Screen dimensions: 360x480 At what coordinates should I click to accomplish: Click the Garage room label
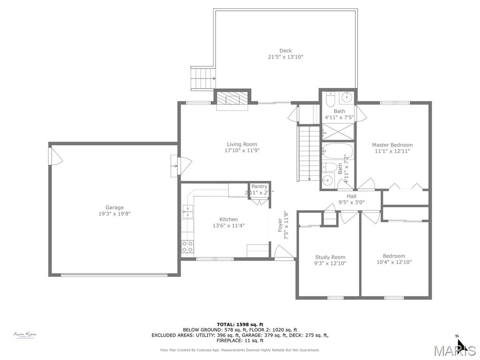[x=114, y=208]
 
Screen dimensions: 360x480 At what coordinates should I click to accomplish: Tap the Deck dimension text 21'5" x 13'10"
[x=285, y=57]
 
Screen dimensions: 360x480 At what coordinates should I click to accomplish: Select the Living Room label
[x=242, y=144]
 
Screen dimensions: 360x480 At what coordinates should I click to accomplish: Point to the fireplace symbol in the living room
[x=232, y=99]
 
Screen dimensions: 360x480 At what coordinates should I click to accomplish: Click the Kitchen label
[x=228, y=219]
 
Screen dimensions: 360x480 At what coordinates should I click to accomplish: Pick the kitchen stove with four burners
[x=187, y=247]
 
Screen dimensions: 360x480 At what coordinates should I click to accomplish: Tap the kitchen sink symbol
[x=187, y=212]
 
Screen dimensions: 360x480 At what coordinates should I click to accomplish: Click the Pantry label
[x=259, y=187]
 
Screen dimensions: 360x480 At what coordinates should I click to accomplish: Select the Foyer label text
[x=280, y=225]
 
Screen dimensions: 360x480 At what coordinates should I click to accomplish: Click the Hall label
[x=352, y=196]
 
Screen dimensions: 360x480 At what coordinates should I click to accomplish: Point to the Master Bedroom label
[x=392, y=145]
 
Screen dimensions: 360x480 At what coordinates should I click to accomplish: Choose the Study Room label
[x=330, y=257]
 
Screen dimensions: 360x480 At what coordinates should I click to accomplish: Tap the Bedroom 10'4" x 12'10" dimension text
[x=394, y=262]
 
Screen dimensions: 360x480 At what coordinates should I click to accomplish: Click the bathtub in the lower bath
[x=335, y=151]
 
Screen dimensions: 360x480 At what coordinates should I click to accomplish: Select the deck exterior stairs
[x=202, y=78]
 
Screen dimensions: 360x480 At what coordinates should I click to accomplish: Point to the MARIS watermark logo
[x=454, y=351]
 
